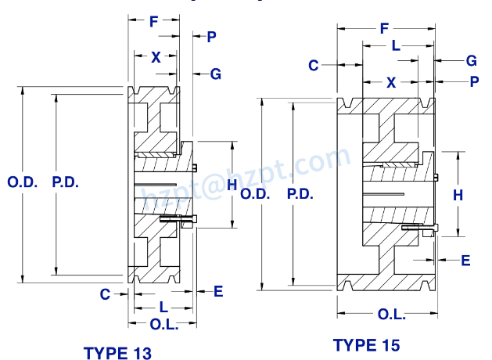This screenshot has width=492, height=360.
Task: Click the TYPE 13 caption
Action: click(x=117, y=352)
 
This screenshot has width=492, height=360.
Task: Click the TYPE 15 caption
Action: click(x=366, y=344)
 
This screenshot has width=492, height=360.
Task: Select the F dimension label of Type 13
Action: click(x=154, y=21)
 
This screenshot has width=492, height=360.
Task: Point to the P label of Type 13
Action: click(x=211, y=37)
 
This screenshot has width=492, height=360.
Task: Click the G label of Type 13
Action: click(x=215, y=74)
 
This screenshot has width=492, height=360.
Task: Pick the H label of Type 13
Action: click(x=231, y=185)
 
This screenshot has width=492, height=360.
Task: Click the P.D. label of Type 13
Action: click(x=66, y=182)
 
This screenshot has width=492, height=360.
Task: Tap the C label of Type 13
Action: click(x=104, y=293)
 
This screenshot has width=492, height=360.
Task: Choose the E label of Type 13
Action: click(x=218, y=291)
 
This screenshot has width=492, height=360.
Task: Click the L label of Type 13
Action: click(x=162, y=306)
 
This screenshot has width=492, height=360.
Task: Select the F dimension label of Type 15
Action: click(x=384, y=29)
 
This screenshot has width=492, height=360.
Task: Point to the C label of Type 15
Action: click(x=313, y=65)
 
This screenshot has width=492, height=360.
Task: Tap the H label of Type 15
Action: click(x=458, y=195)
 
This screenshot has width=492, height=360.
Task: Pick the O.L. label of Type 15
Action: click(x=391, y=314)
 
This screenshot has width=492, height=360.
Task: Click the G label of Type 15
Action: click(x=471, y=60)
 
